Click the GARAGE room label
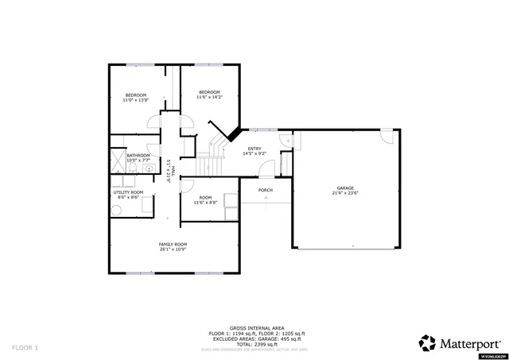tap(345, 188)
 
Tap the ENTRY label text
tap(254, 149)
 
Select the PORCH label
tap(266, 190)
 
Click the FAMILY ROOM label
tap(173, 244)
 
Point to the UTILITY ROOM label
tap(128, 192)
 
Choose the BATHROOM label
tap(138, 155)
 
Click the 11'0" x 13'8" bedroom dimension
tap(136, 101)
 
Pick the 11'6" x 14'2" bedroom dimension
tap(210, 97)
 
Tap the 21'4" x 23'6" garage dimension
tap(345, 193)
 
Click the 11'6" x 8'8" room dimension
tap(205, 203)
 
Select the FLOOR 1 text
tap(25, 347)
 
